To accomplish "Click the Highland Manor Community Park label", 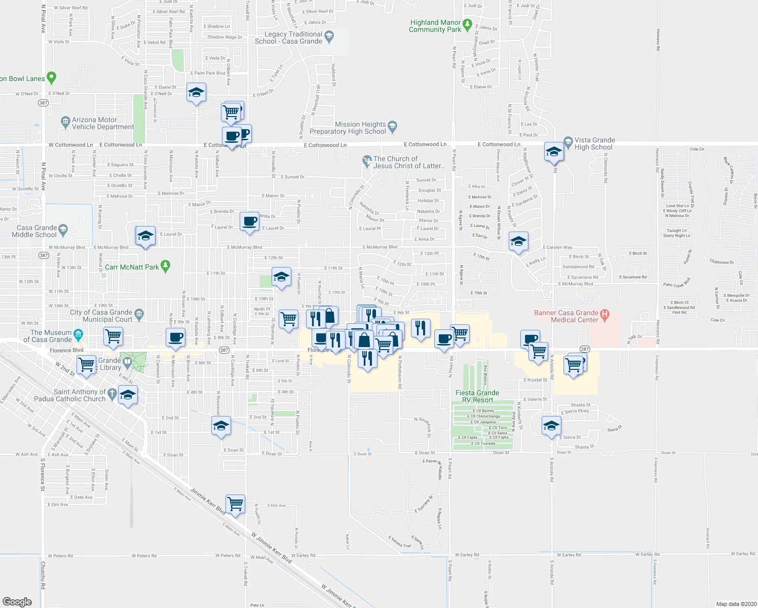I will pos(435,26).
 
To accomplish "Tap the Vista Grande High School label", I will pos(594,144).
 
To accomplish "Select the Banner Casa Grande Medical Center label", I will pos(566,316).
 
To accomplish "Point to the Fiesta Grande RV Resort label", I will pos(477,396).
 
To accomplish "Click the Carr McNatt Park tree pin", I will pos(165,267).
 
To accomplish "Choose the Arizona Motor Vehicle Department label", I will pos(102,124).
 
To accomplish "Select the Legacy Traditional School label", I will pos(288,37).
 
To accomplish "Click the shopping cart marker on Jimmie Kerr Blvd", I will pos(235,505).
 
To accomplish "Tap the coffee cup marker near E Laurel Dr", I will pos(249,222).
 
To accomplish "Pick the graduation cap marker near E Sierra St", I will pos(551,426).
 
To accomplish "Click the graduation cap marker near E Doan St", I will pos(221,427).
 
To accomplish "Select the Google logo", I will pos(17,601).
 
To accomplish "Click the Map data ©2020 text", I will pos(736,604).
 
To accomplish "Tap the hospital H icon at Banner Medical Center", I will pos(604,313).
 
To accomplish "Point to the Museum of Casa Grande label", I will pos(51,336).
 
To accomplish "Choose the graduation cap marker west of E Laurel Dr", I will pos(145,236).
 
